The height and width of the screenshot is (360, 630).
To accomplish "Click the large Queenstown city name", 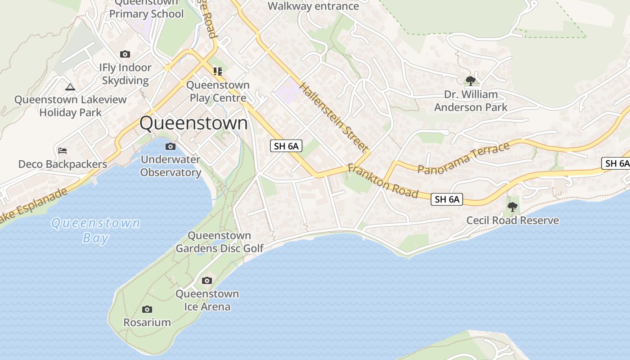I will (x=193, y=123).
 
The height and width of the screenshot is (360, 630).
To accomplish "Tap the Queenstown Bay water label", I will (x=96, y=230).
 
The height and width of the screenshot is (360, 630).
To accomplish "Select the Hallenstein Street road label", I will (x=333, y=117).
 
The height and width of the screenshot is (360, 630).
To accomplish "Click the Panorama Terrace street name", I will (x=463, y=157).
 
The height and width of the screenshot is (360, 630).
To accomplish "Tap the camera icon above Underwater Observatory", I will (x=171, y=146).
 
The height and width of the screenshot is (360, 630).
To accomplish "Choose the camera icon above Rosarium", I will (x=147, y=310).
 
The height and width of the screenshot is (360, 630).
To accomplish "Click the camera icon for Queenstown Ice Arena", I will (x=207, y=281).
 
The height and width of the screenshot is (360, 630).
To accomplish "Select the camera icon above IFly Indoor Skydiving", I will (x=125, y=54).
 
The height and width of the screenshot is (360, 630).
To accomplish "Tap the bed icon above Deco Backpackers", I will (x=63, y=150).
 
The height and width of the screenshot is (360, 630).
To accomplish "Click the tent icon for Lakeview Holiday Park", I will (x=70, y=87).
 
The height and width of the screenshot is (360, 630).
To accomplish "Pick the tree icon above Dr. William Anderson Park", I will (x=471, y=81).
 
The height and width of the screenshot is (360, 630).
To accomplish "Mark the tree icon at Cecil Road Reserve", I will (x=512, y=207).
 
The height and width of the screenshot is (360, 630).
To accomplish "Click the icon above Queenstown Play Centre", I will (x=218, y=72).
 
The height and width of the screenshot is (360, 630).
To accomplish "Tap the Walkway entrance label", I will (x=313, y=6).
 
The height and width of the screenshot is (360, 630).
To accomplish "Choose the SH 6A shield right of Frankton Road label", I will (x=447, y=199).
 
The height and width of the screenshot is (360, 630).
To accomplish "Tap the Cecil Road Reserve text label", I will (x=513, y=220).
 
